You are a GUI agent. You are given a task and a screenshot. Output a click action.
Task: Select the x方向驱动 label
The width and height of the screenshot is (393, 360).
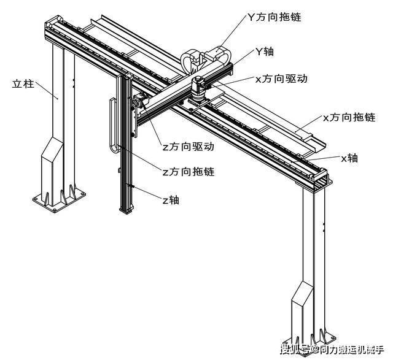281,79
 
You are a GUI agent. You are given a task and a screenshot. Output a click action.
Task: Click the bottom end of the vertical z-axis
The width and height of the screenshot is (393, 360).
126,209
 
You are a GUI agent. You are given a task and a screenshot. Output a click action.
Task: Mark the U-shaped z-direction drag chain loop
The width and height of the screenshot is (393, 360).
113,126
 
